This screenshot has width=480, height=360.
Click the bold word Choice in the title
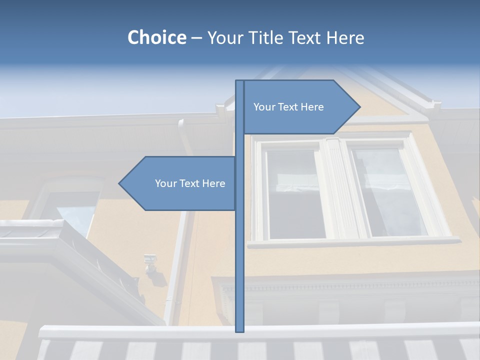click(x=156, y=37)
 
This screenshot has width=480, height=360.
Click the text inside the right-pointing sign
click(x=288, y=107)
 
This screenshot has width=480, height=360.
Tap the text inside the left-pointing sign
click(x=190, y=183)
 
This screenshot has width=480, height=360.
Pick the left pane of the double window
click(x=295, y=192)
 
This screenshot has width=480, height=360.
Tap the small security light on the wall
click(x=150, y=262)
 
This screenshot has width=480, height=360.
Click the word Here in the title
click(x=345, y=37)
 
